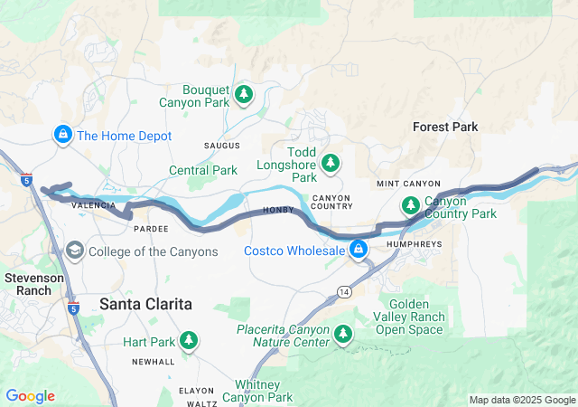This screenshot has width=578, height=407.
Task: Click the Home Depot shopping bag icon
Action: coord(62,136)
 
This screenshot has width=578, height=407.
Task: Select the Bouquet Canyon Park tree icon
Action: coord(243,93)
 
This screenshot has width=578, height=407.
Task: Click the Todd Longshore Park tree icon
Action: coord(331,162)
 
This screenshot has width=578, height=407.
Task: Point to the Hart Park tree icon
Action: coord(189,341)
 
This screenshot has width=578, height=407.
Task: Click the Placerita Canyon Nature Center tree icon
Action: coord(343,335)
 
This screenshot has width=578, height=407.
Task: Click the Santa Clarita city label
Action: coord(145,305)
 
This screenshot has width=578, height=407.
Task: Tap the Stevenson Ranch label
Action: coord(33,284)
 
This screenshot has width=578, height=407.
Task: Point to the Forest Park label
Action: coord(445,128)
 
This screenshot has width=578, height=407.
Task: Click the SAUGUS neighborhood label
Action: coord(221,146)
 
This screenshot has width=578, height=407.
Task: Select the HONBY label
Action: coord(279,211)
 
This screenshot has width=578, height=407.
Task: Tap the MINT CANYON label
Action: coord(408,184)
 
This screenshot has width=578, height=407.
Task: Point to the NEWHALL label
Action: coord(153,362)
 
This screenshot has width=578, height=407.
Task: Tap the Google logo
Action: coord(30,396)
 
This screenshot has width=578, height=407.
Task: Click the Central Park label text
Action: coord(203,170)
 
